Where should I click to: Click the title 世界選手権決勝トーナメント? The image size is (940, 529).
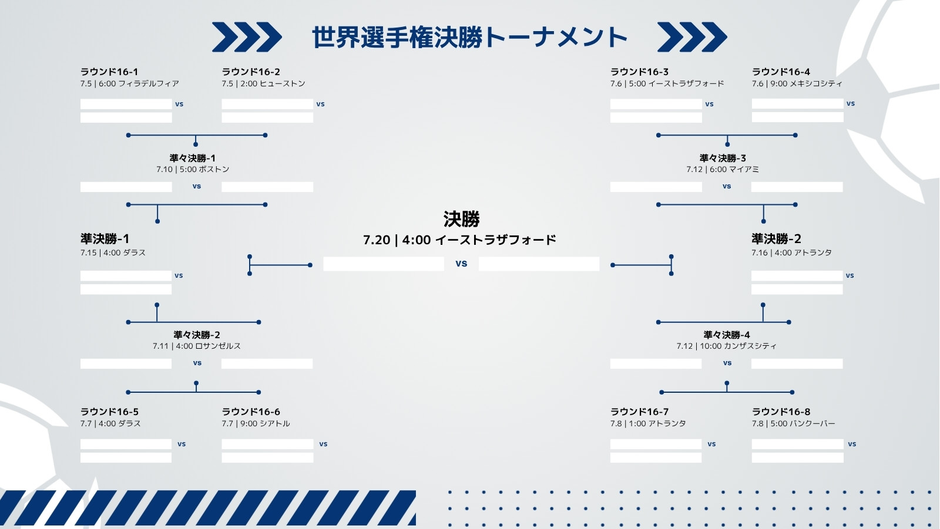tap(469, 38)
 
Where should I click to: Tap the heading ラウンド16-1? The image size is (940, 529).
tap(109, 72)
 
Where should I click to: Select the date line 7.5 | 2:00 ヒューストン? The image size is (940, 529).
tap(263, 83)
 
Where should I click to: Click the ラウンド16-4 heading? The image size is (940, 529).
tap(781, 72)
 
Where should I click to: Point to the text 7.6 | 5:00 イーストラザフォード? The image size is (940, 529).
tap(667, 83)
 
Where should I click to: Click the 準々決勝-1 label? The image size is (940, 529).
tap(192, 158)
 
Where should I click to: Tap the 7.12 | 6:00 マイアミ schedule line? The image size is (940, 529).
tap(723, 169)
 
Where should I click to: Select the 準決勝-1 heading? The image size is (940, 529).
tap(105, 239)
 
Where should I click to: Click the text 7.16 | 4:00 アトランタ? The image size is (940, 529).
tap(791, 252)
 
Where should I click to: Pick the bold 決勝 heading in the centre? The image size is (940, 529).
tap(461, 218)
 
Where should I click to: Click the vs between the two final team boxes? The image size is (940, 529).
tap(461, 264)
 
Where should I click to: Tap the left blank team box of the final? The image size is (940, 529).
tap(384, 264)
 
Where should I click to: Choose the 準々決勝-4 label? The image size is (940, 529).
tap(726, 335)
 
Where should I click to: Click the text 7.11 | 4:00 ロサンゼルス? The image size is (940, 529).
tap(196, 346)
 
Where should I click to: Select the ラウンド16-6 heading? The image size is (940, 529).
tap(250, 412)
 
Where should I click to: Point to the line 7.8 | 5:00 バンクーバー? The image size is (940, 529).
tap(793, 423)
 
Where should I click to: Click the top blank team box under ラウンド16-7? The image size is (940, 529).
tap(656, 444)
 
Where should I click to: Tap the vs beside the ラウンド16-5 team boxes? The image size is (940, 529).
tap(182, 444)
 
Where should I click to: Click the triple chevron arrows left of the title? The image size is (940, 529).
tap(247, 38)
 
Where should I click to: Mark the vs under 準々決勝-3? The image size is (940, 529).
tap(726, 186)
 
